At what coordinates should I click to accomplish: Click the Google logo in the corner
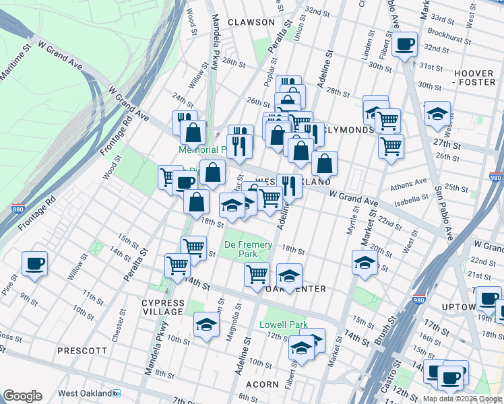[x=22, y=396]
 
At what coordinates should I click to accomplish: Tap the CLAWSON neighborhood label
[x=251, y=22]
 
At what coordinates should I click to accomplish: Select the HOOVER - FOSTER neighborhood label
[x=474, y=77]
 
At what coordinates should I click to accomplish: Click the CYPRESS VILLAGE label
[x=162, y=307]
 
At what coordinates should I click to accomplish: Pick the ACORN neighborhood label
[x=262, y=384]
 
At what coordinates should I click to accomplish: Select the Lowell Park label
[x=284, y=325]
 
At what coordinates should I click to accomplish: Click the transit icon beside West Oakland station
[x=117, y=393]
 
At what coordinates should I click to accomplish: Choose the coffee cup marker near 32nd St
[x=404, y=44]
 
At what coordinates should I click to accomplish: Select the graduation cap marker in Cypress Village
[x=206, y=325]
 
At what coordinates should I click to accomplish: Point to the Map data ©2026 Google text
[x=462, y=399]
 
